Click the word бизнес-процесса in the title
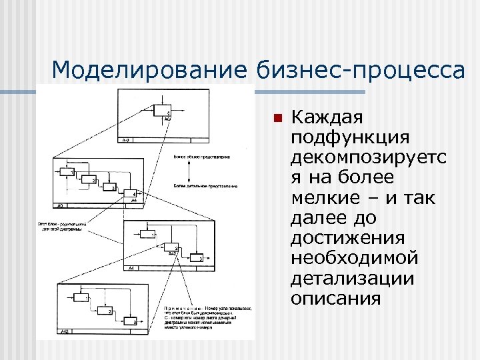359,69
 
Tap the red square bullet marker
277,119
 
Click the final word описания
335,298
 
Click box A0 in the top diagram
163,111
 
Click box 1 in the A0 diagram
66,172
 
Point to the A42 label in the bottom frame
65,331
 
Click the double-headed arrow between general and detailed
190,172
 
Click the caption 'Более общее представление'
202,157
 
